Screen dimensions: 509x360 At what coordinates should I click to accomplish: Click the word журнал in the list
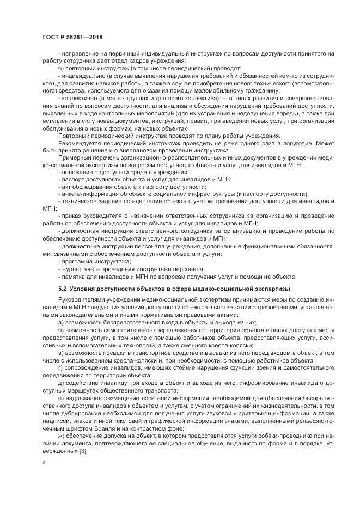71,268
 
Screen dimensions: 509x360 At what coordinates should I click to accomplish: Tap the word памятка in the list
73,276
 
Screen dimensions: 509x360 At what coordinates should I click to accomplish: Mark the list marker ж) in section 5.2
62,437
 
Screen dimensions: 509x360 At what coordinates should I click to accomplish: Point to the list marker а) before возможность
61,322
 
